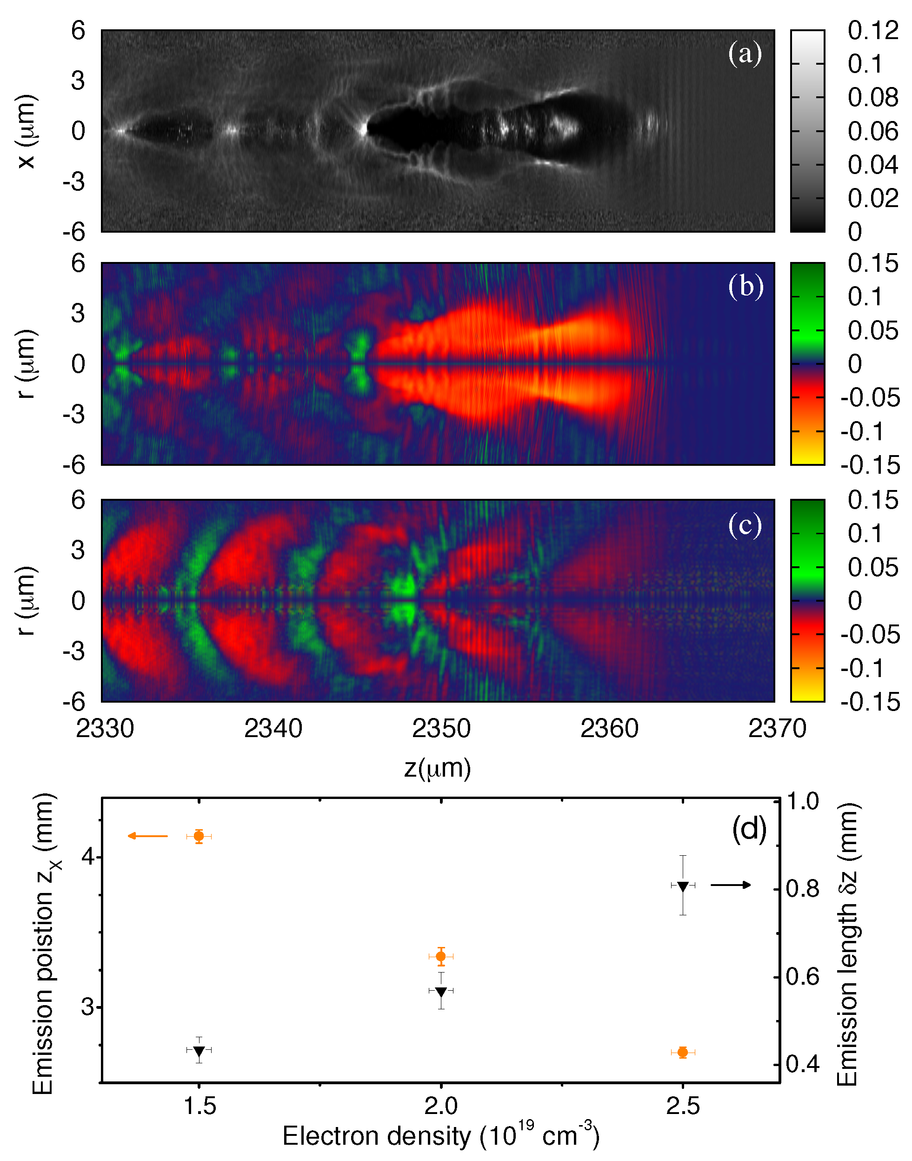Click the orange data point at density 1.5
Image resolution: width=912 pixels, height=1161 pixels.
tap(199, 836)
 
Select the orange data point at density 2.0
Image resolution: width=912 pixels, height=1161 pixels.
tap(440, 956)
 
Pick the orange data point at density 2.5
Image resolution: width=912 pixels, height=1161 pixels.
tap(682, 1052)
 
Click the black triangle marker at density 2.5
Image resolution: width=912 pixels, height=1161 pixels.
tap(682, 886)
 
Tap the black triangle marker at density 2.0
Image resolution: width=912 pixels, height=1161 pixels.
tap(440, 991)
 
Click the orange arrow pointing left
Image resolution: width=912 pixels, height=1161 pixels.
tap(147, 836)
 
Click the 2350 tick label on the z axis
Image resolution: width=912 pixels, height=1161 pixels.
tap(441, 728)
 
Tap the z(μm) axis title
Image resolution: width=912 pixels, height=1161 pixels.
tap(437, 768)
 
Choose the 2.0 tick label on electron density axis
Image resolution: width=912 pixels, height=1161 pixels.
tap(440, 1106)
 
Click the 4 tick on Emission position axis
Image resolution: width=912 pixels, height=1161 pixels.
tap(87, 857)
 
